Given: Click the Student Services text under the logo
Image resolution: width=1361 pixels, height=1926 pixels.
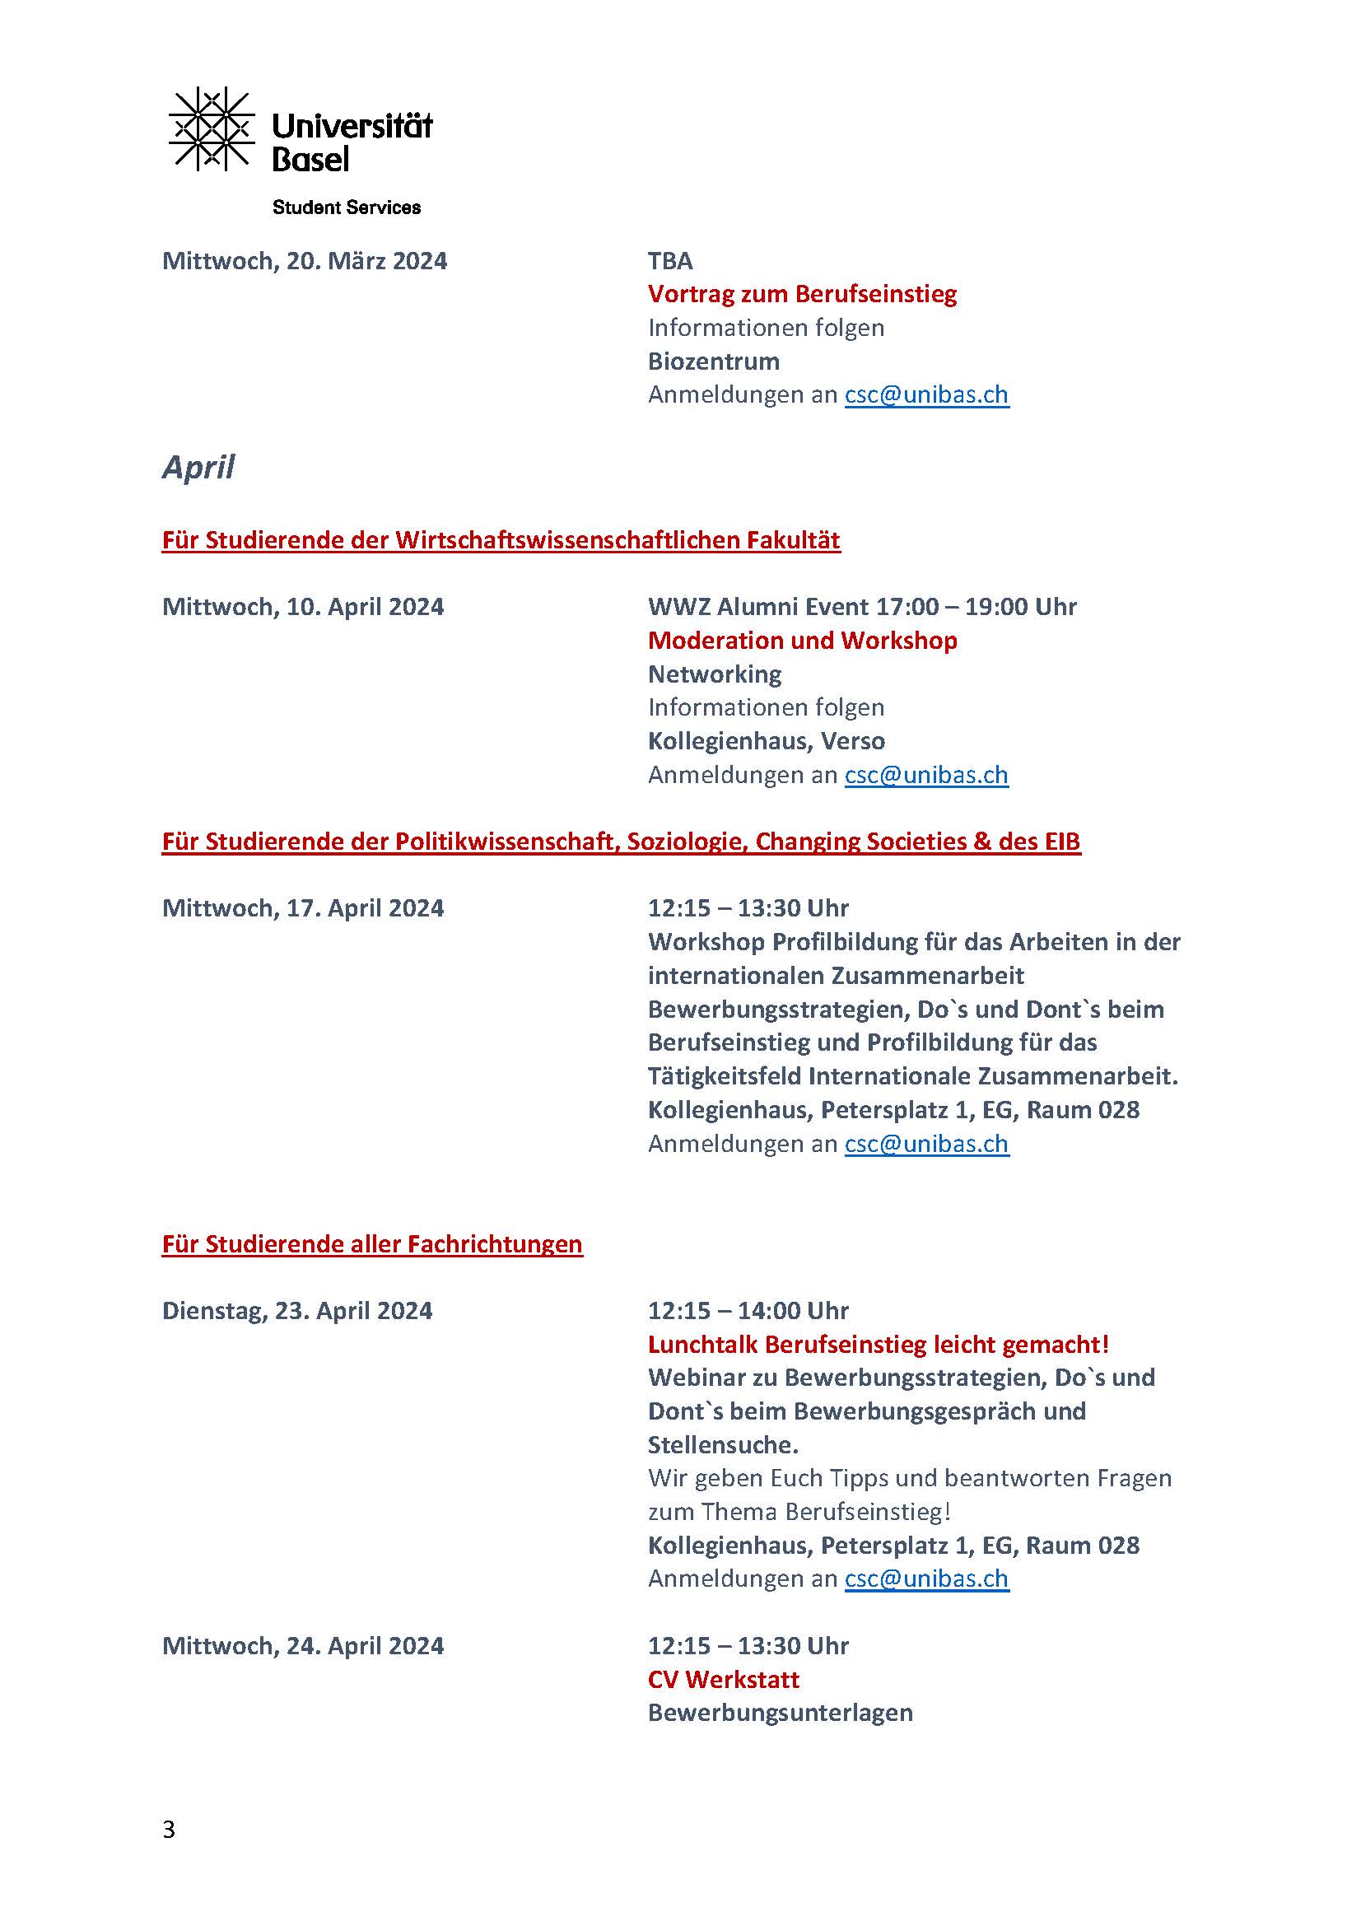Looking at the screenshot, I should (347, 208).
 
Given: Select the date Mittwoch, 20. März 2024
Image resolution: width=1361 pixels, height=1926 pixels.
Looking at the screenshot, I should (305, 261).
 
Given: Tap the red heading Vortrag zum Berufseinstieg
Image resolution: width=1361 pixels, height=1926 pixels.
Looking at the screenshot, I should (802, 294).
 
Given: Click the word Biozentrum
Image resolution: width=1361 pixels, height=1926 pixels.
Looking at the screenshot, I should (714, 361).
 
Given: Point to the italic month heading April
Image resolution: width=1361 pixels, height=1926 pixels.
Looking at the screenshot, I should (198, 466).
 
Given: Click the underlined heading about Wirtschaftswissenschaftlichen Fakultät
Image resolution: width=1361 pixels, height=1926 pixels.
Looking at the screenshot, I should (501, 539).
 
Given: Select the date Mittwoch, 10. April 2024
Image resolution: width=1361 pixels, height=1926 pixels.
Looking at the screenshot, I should (303, 607).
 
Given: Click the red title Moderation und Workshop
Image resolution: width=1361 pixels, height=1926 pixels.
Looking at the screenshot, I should (802, 640).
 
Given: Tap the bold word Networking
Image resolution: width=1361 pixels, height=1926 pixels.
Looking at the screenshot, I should (715, 674).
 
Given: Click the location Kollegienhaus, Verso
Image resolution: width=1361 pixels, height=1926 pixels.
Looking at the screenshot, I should (766, 741).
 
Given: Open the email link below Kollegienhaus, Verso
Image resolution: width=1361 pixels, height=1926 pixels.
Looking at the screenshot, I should (925, 774).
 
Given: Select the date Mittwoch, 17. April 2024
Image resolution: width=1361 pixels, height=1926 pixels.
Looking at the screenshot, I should (303, 907).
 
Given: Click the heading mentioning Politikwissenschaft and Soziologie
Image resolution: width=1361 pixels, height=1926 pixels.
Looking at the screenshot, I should (621, 842).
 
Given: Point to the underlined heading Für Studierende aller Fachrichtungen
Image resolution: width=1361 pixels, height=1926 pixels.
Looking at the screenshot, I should (371, 1243).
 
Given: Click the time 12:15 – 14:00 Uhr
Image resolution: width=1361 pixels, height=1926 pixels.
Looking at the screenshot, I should (748, 1310).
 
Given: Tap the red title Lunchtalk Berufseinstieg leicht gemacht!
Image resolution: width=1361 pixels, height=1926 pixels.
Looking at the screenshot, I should (878, 1344).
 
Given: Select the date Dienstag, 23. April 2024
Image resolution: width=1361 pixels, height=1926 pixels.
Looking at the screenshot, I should (297, 1310).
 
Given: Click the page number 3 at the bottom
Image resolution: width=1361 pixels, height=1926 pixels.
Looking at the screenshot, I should (169, 1830).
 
